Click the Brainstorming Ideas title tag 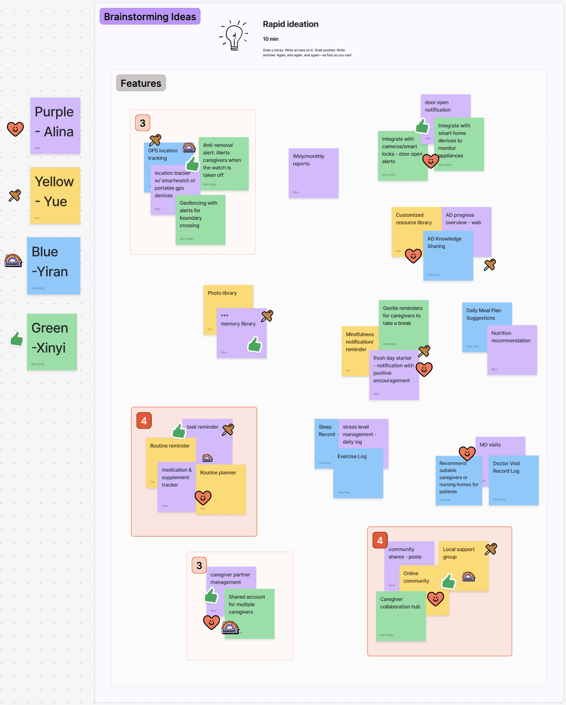[x=150, y=17]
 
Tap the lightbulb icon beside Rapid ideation [x=234, y=35]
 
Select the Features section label [x=141, y=83]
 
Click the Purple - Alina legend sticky [x=55, y=125]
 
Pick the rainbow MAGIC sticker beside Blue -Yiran [x=13, y=260]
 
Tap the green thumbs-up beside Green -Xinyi [x=17, y=339]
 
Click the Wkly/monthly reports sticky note [x=313, y=173]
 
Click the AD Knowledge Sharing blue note [x=448, y=259]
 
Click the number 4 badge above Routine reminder [x=144, y=421]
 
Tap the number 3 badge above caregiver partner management [x=199, y=566]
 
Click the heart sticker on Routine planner [x=203, y=498]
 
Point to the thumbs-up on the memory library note [x=255, y=345]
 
